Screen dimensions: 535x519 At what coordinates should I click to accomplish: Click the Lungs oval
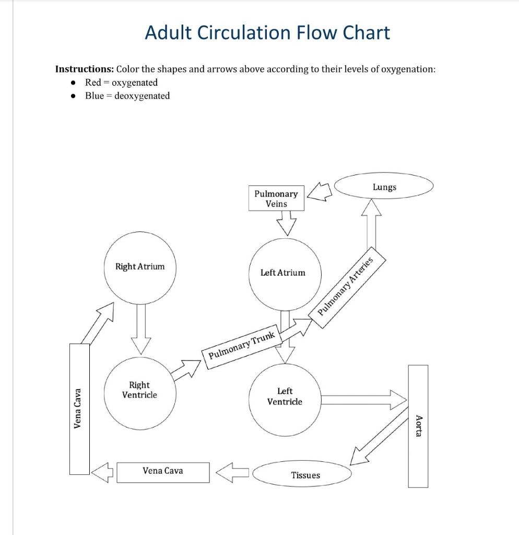point(384,187)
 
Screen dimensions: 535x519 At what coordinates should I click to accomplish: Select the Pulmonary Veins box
point(276,199)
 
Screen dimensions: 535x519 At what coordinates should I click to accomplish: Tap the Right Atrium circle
point(140,267)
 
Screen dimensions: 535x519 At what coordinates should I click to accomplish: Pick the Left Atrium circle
point(283,272)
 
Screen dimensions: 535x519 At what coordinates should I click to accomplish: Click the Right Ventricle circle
point(139,390)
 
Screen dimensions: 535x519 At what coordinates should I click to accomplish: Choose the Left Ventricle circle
point(285,397)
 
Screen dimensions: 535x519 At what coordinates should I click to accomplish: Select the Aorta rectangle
point(418,426)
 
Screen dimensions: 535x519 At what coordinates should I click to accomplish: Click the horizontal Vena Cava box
point(163,471)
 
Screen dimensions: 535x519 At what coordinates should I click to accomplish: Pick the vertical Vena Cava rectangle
point(79,409)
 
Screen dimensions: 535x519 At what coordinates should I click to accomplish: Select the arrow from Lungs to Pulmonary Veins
point(320,192)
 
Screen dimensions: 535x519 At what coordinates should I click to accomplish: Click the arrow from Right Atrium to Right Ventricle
point(140,329)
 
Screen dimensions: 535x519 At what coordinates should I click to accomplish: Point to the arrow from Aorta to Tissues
point(378,438)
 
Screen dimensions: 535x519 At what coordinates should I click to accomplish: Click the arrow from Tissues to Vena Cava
point(232,472)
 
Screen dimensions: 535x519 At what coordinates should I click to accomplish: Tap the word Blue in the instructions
point(94,96)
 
